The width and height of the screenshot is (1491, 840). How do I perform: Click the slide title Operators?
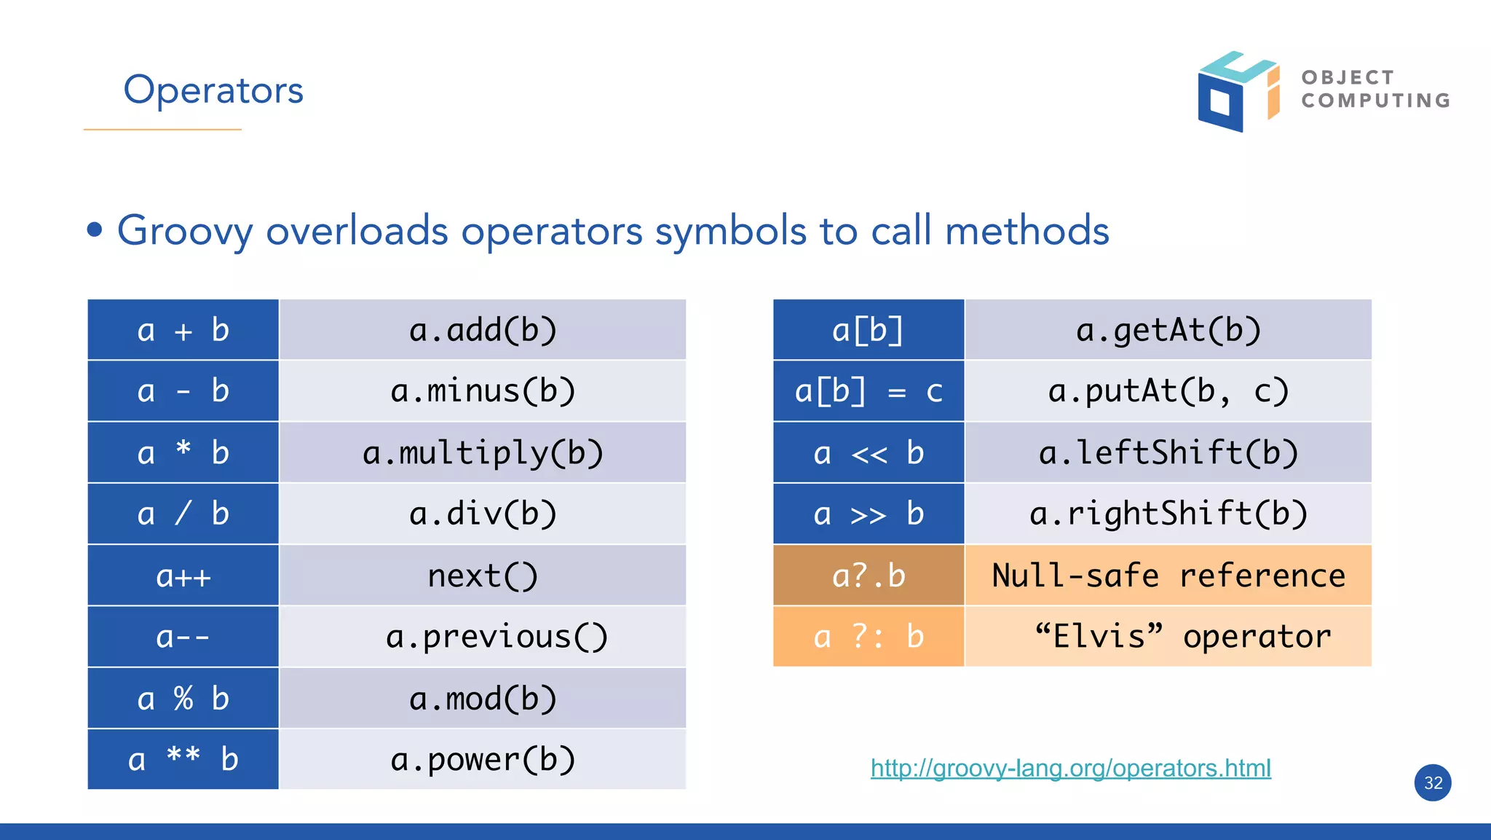[213, 90]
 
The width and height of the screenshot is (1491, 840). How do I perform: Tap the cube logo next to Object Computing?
[1237, 92]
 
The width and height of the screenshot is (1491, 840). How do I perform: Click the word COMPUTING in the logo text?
[1375, 101]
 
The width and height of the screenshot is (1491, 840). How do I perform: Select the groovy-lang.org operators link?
[1070, 768]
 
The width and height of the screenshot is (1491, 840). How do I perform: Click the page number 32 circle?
[1432, 782]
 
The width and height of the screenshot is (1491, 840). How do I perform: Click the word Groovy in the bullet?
[185, 231]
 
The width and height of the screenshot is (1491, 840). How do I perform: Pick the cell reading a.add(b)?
[483, 330]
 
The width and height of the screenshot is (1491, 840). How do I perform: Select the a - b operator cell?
[183, 391]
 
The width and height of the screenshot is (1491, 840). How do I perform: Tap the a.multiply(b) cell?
[483, 452]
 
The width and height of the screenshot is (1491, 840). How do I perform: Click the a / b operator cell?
[183, 514]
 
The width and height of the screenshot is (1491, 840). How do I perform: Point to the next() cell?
[483, 576]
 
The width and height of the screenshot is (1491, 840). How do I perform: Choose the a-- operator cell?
[183, 637]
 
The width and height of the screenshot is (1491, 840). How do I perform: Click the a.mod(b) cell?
[483, 699]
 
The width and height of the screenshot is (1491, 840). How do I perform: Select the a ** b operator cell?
[183, 759]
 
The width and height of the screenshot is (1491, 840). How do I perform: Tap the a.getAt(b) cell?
[1168, 330]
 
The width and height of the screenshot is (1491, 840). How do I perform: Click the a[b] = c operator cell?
[869, 391]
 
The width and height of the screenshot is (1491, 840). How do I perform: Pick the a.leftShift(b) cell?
[1168, 452]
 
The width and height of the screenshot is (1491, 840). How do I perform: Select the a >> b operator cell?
[869, 514]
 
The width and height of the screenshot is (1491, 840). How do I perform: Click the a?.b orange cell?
[869, 576]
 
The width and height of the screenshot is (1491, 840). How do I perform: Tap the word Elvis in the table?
[1099, 637]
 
